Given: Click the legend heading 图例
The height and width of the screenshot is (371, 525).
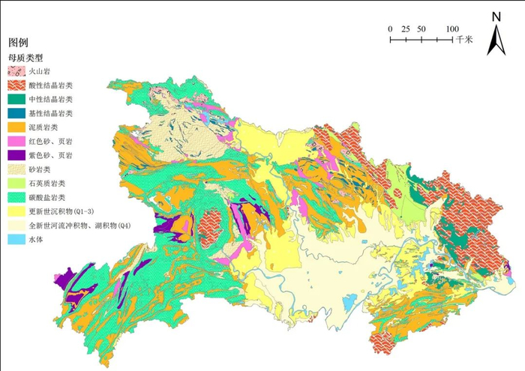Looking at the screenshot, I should tap(18, 43).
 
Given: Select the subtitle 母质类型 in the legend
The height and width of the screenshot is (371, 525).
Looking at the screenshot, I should tap(25, 57).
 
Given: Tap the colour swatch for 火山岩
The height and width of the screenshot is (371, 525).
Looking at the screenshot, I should tap(16, 71).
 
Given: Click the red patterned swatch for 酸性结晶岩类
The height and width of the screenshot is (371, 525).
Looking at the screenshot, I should tap(16, 85).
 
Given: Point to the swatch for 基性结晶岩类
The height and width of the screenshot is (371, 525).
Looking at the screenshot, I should tap(16, 113).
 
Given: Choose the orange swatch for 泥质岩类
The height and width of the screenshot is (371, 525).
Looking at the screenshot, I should tap(16, 127).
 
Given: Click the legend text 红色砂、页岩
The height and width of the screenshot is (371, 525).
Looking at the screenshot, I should tap(50, 142).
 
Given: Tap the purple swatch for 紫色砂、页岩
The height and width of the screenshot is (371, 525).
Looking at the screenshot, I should tap(16, 155).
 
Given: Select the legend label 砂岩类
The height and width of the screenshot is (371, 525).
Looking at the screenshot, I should tap(41, 169).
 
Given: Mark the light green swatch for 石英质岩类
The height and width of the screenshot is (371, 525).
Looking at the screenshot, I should tap(16, 184).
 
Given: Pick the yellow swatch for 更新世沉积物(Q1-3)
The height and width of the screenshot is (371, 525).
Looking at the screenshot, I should tap(16, 211).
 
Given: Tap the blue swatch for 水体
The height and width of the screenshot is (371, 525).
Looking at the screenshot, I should tap(16, 240).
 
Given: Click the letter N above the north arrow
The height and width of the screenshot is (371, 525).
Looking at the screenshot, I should tap(496, 16).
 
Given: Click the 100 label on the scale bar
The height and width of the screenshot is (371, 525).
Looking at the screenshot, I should tap(453, 28).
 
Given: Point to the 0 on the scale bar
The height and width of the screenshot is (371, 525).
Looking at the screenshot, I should tap(390, 28).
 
